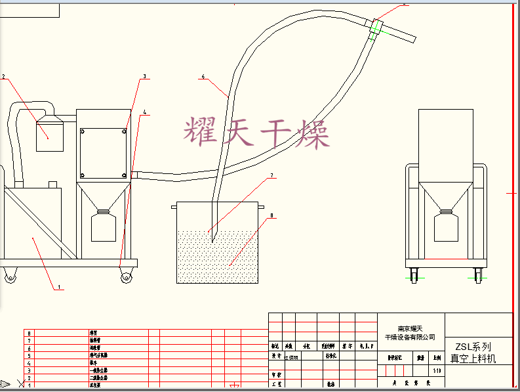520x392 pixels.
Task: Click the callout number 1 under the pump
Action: point(59,287)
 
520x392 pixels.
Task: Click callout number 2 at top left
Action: point(3,77)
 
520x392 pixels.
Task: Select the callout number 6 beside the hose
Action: point(203,77)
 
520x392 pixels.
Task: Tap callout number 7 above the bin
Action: point(270,176)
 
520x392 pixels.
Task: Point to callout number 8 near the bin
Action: point(270,214)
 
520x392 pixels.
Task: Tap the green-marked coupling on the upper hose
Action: point(377,28)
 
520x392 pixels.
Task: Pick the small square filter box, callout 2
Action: point(49,135)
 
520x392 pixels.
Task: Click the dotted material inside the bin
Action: point(220,257)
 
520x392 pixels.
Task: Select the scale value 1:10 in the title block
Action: point(437,370)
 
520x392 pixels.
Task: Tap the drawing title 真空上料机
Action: point(473,359)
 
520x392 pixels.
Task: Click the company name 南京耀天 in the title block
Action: point(411,328)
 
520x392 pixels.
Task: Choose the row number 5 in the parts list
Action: point(29,355)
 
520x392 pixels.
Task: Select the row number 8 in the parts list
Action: point(29,334)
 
